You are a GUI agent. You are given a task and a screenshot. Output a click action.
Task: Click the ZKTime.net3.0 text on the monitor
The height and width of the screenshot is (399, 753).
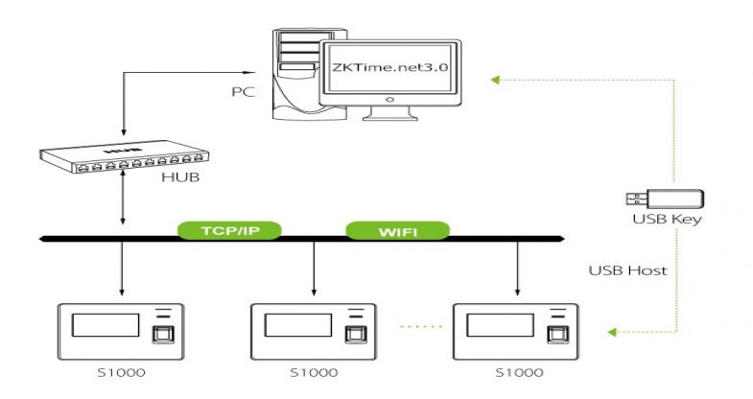pos(388,69)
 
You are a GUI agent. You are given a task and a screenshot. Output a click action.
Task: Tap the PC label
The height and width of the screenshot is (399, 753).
pos(243,94)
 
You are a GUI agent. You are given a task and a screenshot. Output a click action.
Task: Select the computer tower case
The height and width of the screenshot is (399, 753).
pos(297,77)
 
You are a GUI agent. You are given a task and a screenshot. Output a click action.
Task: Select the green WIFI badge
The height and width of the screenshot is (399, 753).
pos(397,230)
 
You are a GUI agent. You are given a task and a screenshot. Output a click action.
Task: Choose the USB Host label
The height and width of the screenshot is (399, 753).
pos(627,270)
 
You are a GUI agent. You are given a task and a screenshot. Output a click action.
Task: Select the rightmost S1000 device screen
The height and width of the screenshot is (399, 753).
pos(499,323)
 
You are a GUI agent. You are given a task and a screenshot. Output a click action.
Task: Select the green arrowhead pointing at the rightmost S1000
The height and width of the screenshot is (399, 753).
pos(612,332)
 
